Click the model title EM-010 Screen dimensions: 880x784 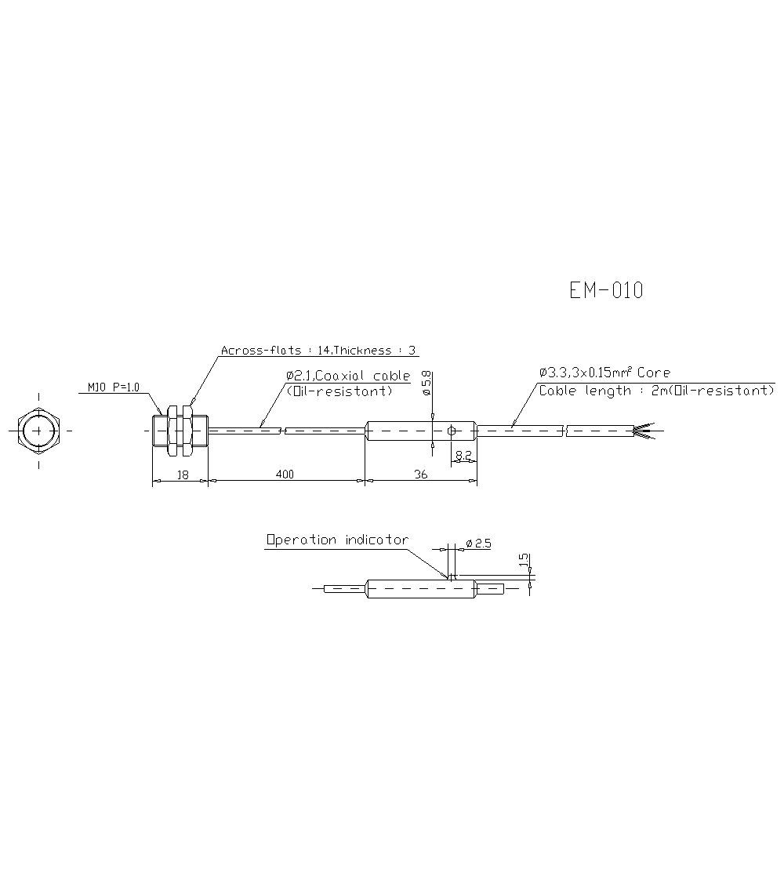606,291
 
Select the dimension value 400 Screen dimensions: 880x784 285,474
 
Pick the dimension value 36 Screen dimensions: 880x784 421,474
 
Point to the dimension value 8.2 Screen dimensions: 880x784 463,454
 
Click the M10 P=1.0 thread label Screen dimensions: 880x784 113,387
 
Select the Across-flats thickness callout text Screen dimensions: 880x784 318,351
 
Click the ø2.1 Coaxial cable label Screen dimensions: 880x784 348,376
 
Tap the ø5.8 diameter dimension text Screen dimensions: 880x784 426,382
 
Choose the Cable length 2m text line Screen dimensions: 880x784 655,391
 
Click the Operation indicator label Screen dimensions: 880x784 337,540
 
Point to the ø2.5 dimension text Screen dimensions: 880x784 477,543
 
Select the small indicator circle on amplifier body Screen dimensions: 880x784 451,431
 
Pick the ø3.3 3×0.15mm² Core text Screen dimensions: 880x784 604,373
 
